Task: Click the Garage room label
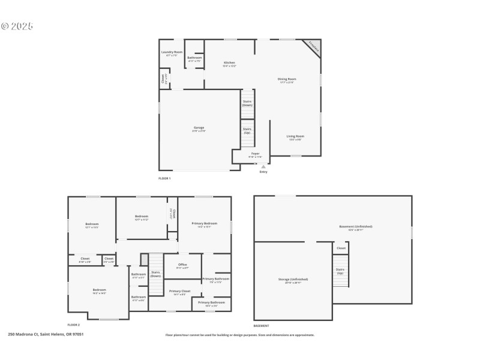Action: tap(199, 128)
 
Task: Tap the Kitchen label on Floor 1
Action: tap(229, 64)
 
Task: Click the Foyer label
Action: tap(255, 154)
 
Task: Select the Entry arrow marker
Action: tap(263, 166)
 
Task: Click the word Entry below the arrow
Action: tap(263, 172)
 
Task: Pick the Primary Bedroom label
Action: tap(204, 224)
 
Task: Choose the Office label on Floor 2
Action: tap(182, 265)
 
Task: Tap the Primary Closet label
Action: tap(179, 292)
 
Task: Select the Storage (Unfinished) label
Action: tap(293, 280)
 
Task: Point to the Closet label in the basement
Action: tap(341, 248)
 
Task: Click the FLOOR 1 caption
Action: tap(164, 179)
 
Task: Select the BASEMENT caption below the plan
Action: tap(261, 326)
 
